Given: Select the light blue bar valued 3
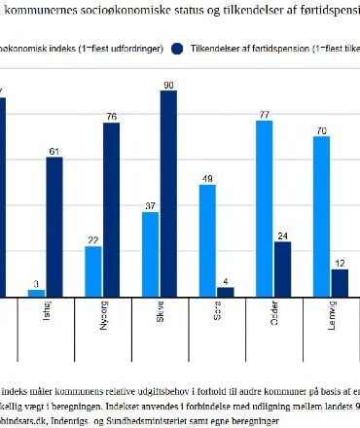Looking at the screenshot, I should click(x=36, y=292).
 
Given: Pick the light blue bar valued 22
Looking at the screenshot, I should click(x=93, y=271).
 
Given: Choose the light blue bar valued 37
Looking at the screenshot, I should click(x=150, y=254).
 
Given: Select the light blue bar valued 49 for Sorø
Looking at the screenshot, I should click(x=207, y=240).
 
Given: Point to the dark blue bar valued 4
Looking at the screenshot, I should click(x=225, y=291).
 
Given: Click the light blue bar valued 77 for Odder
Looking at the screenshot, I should click(x=264, y=208).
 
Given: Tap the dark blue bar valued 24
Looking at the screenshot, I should click(x=282, y=268).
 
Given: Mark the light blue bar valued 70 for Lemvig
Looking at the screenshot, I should click(x=321, y=216).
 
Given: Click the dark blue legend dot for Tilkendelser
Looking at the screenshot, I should click(x=177, y=47).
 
